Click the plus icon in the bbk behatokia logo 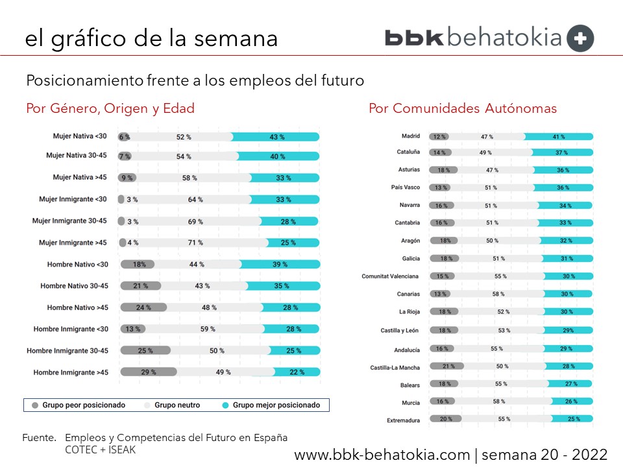pos(580,38)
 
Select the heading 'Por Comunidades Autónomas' pos(462,108)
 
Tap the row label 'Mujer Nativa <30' pos(80,136)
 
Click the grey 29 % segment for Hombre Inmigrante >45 pos(148,372)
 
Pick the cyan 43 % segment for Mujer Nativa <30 pos(276,137)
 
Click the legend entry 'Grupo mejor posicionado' pos(276,405)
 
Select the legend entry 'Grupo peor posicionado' pos(84,405)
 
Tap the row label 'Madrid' pos(411,136)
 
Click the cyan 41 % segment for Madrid pos(558,137)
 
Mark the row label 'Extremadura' pos(403,420)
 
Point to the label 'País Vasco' pos(405,187)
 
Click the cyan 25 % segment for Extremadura pos(573,420)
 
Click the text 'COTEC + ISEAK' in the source pos(101,448)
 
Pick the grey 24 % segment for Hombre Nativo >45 pos(143,307)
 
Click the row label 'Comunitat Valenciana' pos(390,276)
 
